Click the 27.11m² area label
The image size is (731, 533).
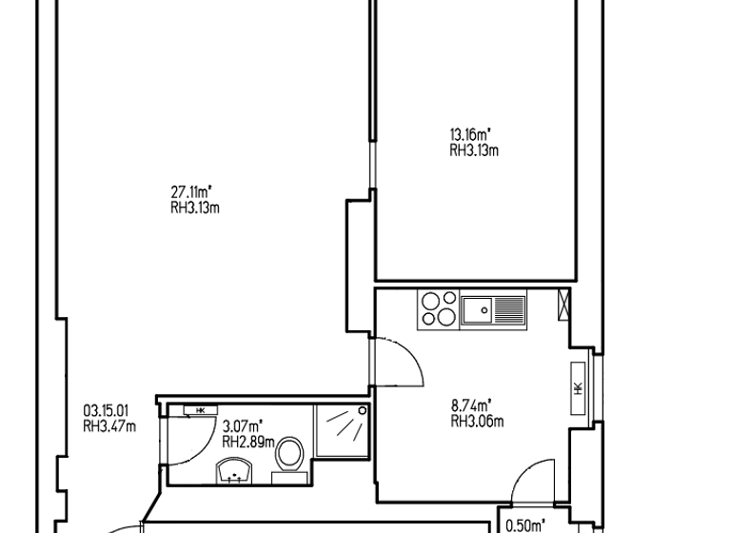click(191, 194)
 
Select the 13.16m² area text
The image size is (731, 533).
click(469, 135)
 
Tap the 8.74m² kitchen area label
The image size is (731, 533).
click(470, 405)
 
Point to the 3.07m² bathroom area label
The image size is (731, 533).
click(242, 426)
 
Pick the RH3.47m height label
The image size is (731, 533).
click(109, 426)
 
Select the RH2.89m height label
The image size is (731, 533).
click(248, 442)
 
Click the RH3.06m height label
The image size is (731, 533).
click(477, 421)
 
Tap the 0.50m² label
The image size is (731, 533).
click(524, 524)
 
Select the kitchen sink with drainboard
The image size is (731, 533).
click(493, 309)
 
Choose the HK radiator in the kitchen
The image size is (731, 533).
click(578, 388)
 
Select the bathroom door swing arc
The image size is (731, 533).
click(200, 439)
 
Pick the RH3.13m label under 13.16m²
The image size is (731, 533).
click(474, 150)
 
